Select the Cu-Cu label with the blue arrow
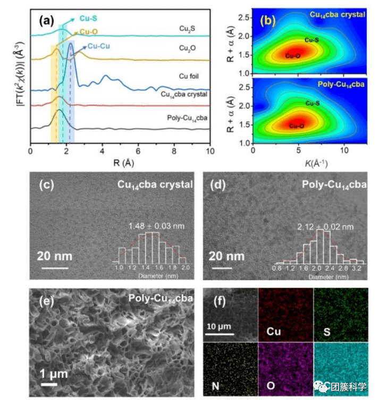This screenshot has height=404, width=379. pyautogui.click(x=99, y=46)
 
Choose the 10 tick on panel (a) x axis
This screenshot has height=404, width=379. pyautogui.click(x=209, y=151)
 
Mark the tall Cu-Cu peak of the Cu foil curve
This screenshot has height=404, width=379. pyautogui.click(x=70, y=59)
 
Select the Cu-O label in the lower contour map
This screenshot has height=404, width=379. pyautogui.click(x=296, y=126)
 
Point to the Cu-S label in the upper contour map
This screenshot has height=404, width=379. pyautogui.click(x=312, y=40)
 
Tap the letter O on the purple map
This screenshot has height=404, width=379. pyautogui.click(x=271, y=384)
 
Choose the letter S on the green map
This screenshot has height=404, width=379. pyautogui.click(x=325, y=334)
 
